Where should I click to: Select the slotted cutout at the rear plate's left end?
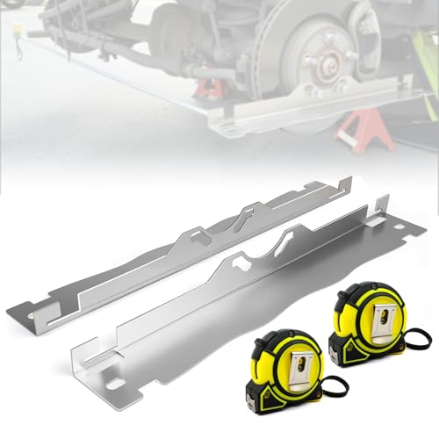click(x=41, y=308)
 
